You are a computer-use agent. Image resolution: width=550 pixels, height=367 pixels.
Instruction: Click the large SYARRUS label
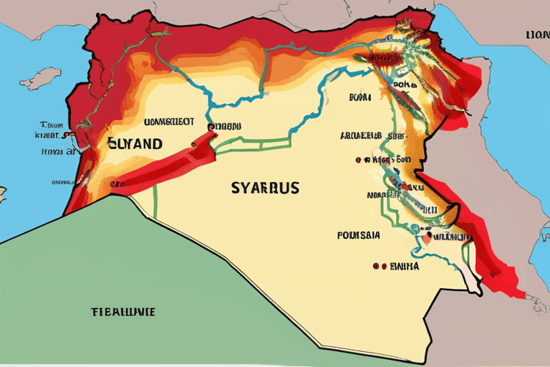[x=265, y=189]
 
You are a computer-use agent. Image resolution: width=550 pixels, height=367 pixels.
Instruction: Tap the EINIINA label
[x=402, y=266]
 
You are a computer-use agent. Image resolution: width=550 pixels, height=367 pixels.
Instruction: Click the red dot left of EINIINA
[x=375, y=266]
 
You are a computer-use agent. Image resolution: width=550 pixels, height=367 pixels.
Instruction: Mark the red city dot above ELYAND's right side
[x=211, y=127]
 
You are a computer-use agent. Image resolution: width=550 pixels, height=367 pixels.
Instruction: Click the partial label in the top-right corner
[x=537, y=34]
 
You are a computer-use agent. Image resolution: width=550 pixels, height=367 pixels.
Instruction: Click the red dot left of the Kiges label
[x=356, y=159]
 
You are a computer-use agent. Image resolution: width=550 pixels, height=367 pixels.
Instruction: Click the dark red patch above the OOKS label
[x=391, y=59]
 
